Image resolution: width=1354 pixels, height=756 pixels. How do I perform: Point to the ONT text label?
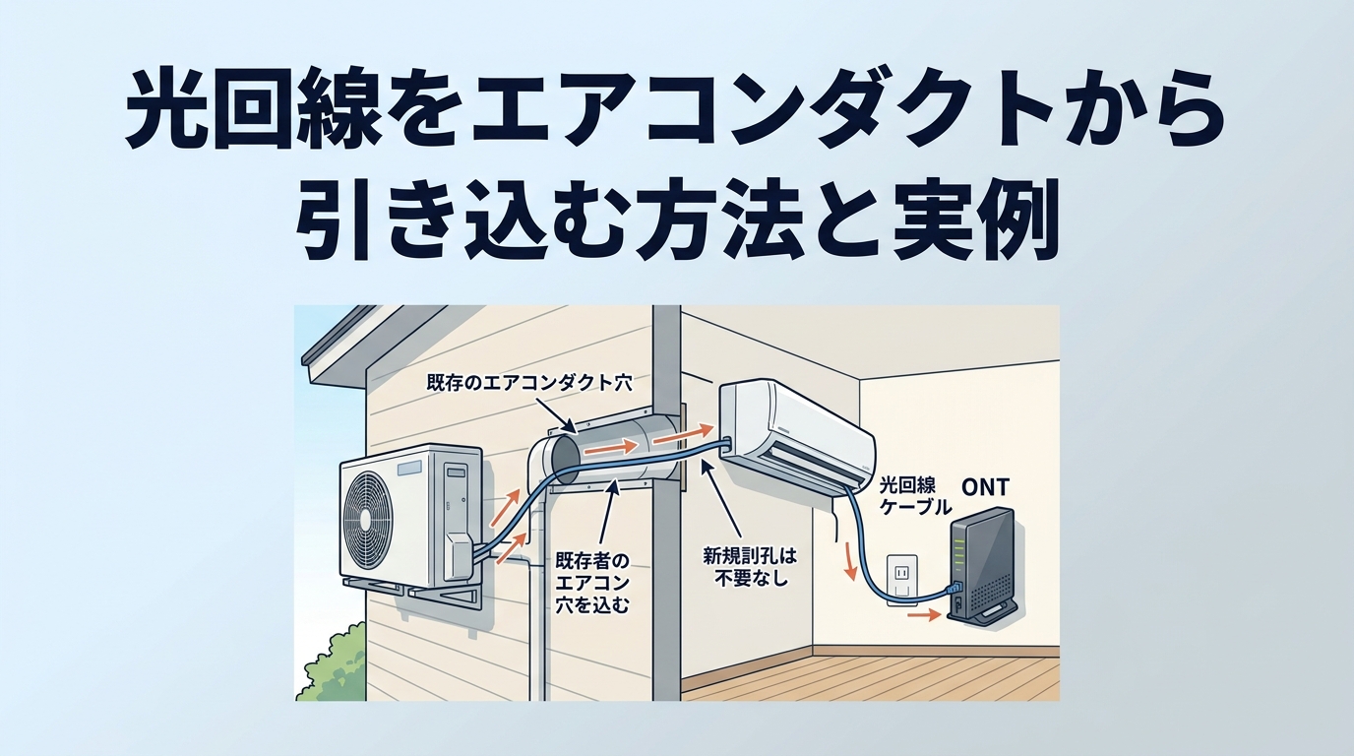pyautogui.click(x=984, y=485)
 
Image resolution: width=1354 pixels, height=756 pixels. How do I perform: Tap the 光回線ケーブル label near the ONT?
pyautogui.click(x=914, y=496)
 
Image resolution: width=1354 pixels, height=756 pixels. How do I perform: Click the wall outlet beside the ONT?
pyautogui.click(x=902, y=575)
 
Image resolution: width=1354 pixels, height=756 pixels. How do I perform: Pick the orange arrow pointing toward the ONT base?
pyautogui.click(x=921, y=616)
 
